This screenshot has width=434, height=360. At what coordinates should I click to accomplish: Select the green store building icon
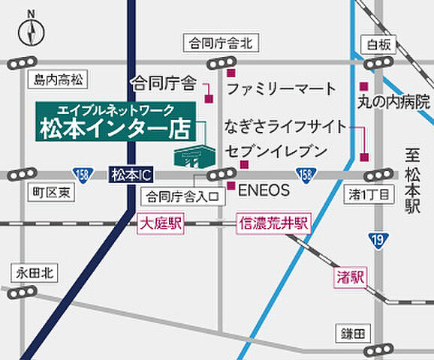tap(193, 154)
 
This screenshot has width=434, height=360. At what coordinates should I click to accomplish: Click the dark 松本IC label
tap(131, 175)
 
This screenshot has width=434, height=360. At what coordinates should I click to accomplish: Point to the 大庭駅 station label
tap(161, 223)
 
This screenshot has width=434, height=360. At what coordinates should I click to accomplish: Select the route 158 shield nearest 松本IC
tap(82, 174)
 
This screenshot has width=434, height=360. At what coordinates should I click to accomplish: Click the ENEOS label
tap(264, 190)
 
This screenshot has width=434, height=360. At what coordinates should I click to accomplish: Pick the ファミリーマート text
tap(282, 88)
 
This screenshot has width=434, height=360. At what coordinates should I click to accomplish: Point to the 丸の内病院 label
tap(395, 99)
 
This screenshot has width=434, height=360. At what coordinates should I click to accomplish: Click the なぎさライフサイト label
tap(286, 125)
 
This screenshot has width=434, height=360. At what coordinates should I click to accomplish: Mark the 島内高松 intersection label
tap(59, 78)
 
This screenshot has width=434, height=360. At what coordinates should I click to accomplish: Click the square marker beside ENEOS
tap(231, 185)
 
